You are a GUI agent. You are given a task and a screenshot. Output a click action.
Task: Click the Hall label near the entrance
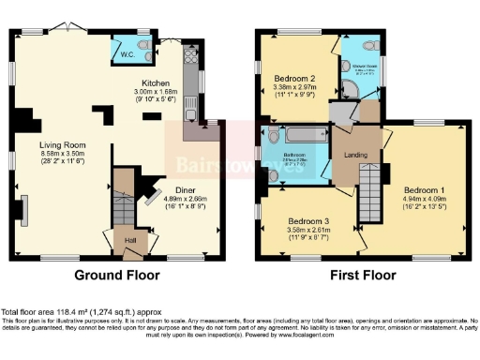pyautogui.click(x=130, y=239)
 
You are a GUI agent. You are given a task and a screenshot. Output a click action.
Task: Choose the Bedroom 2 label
pyautogui.click(x=293, y=79)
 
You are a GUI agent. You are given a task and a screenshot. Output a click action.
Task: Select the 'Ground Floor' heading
pyautogui.click(x=118, y=277)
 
